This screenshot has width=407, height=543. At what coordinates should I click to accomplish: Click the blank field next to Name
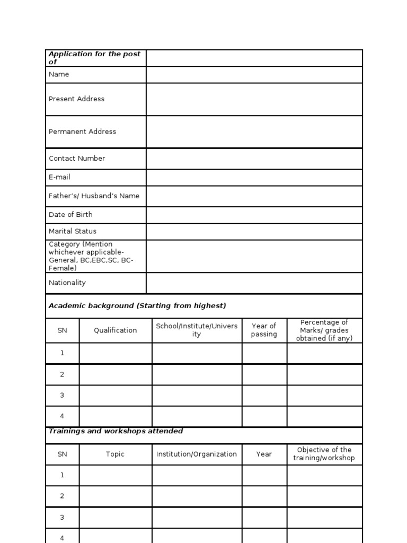(x=254, y=75)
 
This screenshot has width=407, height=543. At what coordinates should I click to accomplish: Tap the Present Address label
(x=76, y=99)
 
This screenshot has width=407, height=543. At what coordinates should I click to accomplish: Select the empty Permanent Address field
(x=254, y=132)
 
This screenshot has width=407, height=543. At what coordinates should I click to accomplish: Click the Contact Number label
(x=77, y=159)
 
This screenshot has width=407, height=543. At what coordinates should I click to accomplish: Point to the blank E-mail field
(x=254, y=178)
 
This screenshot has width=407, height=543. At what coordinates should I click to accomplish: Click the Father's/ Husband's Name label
(x=94, y=196)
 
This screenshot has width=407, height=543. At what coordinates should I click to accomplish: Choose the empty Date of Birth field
(x=254, y=215)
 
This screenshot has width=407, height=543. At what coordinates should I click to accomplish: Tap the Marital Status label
(x=73, y=231)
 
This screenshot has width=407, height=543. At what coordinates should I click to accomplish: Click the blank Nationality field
(x=254, y=283)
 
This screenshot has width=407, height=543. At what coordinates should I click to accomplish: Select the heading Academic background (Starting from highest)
(x=137, y=306)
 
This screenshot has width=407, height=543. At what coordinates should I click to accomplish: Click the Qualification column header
(x=116, y=330)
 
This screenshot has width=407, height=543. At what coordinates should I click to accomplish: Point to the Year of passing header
(x=264, y=330)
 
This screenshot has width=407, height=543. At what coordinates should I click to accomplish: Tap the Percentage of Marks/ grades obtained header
(x=324, y=330)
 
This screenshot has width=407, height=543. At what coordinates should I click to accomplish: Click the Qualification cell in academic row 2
(x=116, y=374)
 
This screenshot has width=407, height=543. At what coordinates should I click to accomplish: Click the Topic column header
(x=116, y=454)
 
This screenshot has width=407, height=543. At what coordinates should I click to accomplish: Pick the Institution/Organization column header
(x=197, y=454)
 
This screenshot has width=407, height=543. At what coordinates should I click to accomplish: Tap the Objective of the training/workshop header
(x=324, y=454)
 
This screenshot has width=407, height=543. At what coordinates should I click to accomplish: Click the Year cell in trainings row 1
(x=264, y=475)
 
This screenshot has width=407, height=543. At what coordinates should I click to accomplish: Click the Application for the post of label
(x=94, y=58)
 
